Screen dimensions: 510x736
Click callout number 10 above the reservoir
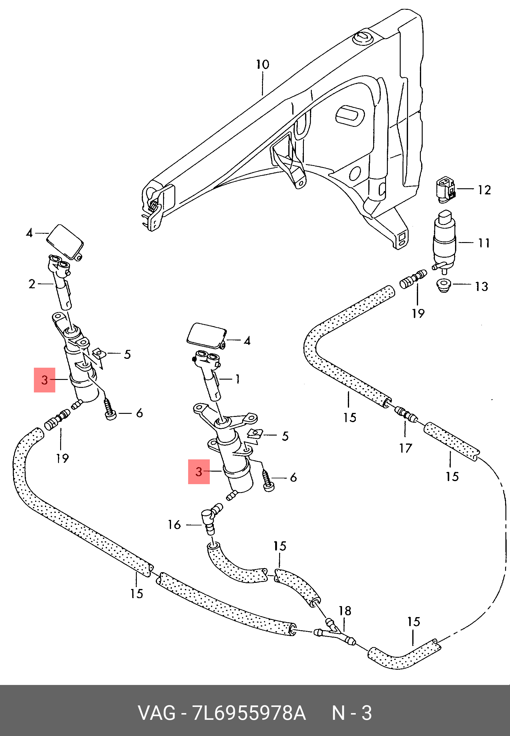(263, 64)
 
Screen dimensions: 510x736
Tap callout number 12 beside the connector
(484, 190)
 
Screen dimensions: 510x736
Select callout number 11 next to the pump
(484, 243)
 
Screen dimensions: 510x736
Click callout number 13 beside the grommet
(482, 286)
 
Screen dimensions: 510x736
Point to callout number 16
(174, 525)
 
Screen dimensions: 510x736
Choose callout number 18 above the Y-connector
(345, 611)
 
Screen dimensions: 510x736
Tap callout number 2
(32, 284)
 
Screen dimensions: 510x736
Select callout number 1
(237, 379)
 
